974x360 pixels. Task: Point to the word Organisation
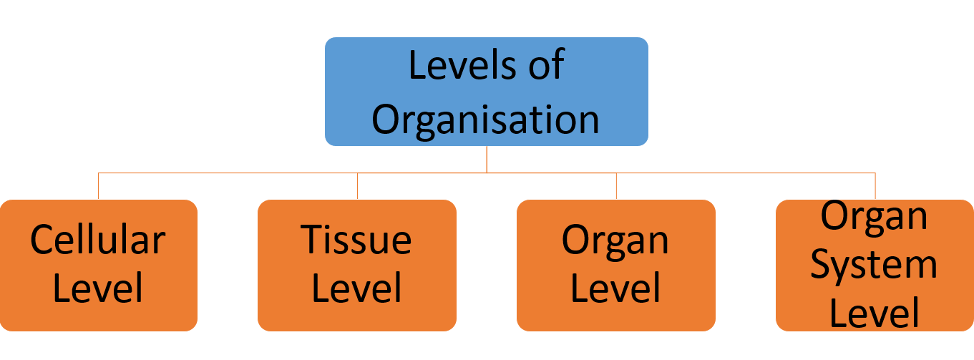486,119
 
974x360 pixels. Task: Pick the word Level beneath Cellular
98,288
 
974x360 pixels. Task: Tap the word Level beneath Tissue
356,288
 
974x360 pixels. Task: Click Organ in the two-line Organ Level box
615,241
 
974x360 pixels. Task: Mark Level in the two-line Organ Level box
615,288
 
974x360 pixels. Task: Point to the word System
874,265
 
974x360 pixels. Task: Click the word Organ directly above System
874,216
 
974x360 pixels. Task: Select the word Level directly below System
874,313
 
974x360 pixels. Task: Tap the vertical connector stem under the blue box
487,159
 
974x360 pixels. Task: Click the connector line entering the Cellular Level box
98,186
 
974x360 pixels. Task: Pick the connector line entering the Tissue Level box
357,186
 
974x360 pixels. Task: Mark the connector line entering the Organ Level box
616,186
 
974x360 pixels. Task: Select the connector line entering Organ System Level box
875,186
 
